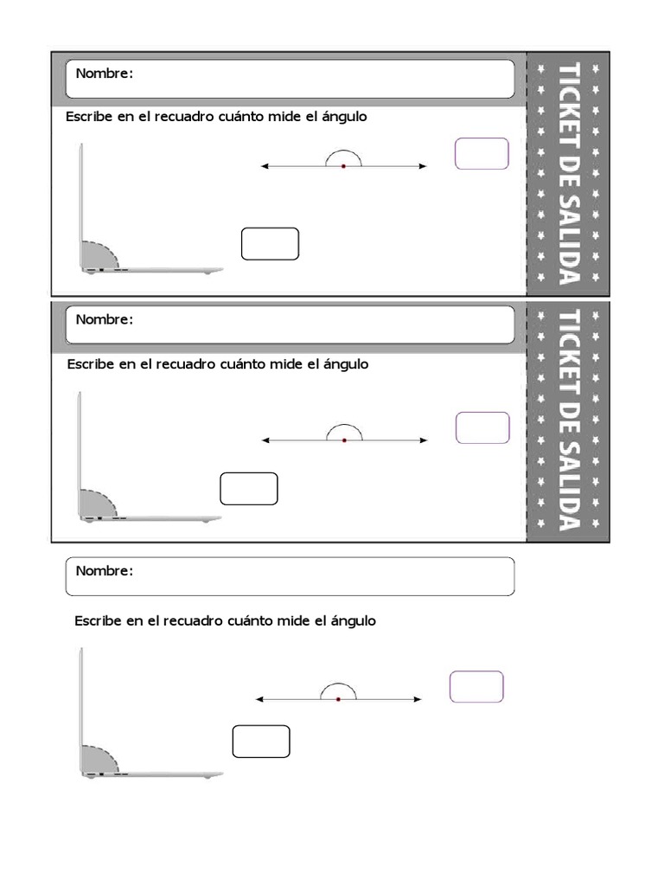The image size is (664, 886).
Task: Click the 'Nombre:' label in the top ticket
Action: point(105,74)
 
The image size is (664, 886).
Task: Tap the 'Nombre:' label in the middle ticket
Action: point(105,319)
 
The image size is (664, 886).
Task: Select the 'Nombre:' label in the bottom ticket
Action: point(105,571)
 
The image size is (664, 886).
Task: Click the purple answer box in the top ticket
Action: point(482,154)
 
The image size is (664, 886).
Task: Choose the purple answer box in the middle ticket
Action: point(482,428)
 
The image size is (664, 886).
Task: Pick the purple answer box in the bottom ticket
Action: point(476,687)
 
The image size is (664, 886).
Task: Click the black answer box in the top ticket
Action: point(270,244)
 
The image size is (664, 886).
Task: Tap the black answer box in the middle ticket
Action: point(249,489)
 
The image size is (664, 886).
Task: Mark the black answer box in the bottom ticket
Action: point(261,742)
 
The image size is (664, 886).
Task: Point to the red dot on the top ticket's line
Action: point(343,165)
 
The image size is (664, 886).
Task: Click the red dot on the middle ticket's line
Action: point(344,440)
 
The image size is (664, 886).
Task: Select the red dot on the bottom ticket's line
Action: point(338,699)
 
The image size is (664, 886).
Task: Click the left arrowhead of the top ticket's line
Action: point(265,165)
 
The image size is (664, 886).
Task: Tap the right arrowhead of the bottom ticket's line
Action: point(418,699)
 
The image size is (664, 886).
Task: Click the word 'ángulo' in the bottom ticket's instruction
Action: point(354,621)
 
